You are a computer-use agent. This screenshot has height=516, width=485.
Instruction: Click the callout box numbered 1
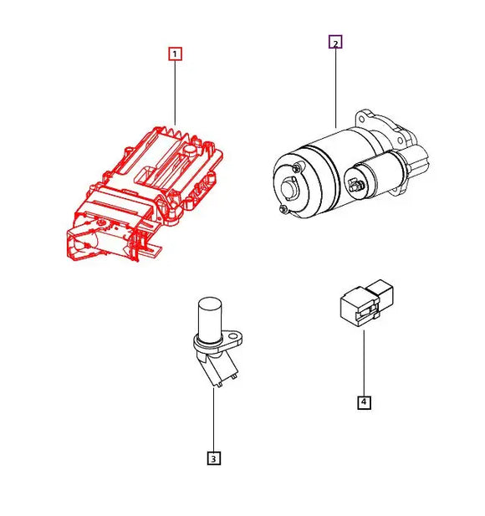pos(175,54)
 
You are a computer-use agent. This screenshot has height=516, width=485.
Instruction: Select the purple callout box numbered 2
pos(334,43)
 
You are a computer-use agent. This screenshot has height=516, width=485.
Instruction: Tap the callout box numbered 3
pos(213,457)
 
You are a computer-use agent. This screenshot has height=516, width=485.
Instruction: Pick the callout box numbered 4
pos(364,402)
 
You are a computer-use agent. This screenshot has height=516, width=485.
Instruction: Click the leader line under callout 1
pos(175,92)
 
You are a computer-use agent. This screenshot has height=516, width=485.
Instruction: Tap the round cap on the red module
pos(191,152)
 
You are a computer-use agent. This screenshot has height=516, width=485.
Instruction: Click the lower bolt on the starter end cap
pos(286,207)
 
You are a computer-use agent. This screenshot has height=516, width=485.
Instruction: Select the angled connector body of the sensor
pos(215,368)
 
